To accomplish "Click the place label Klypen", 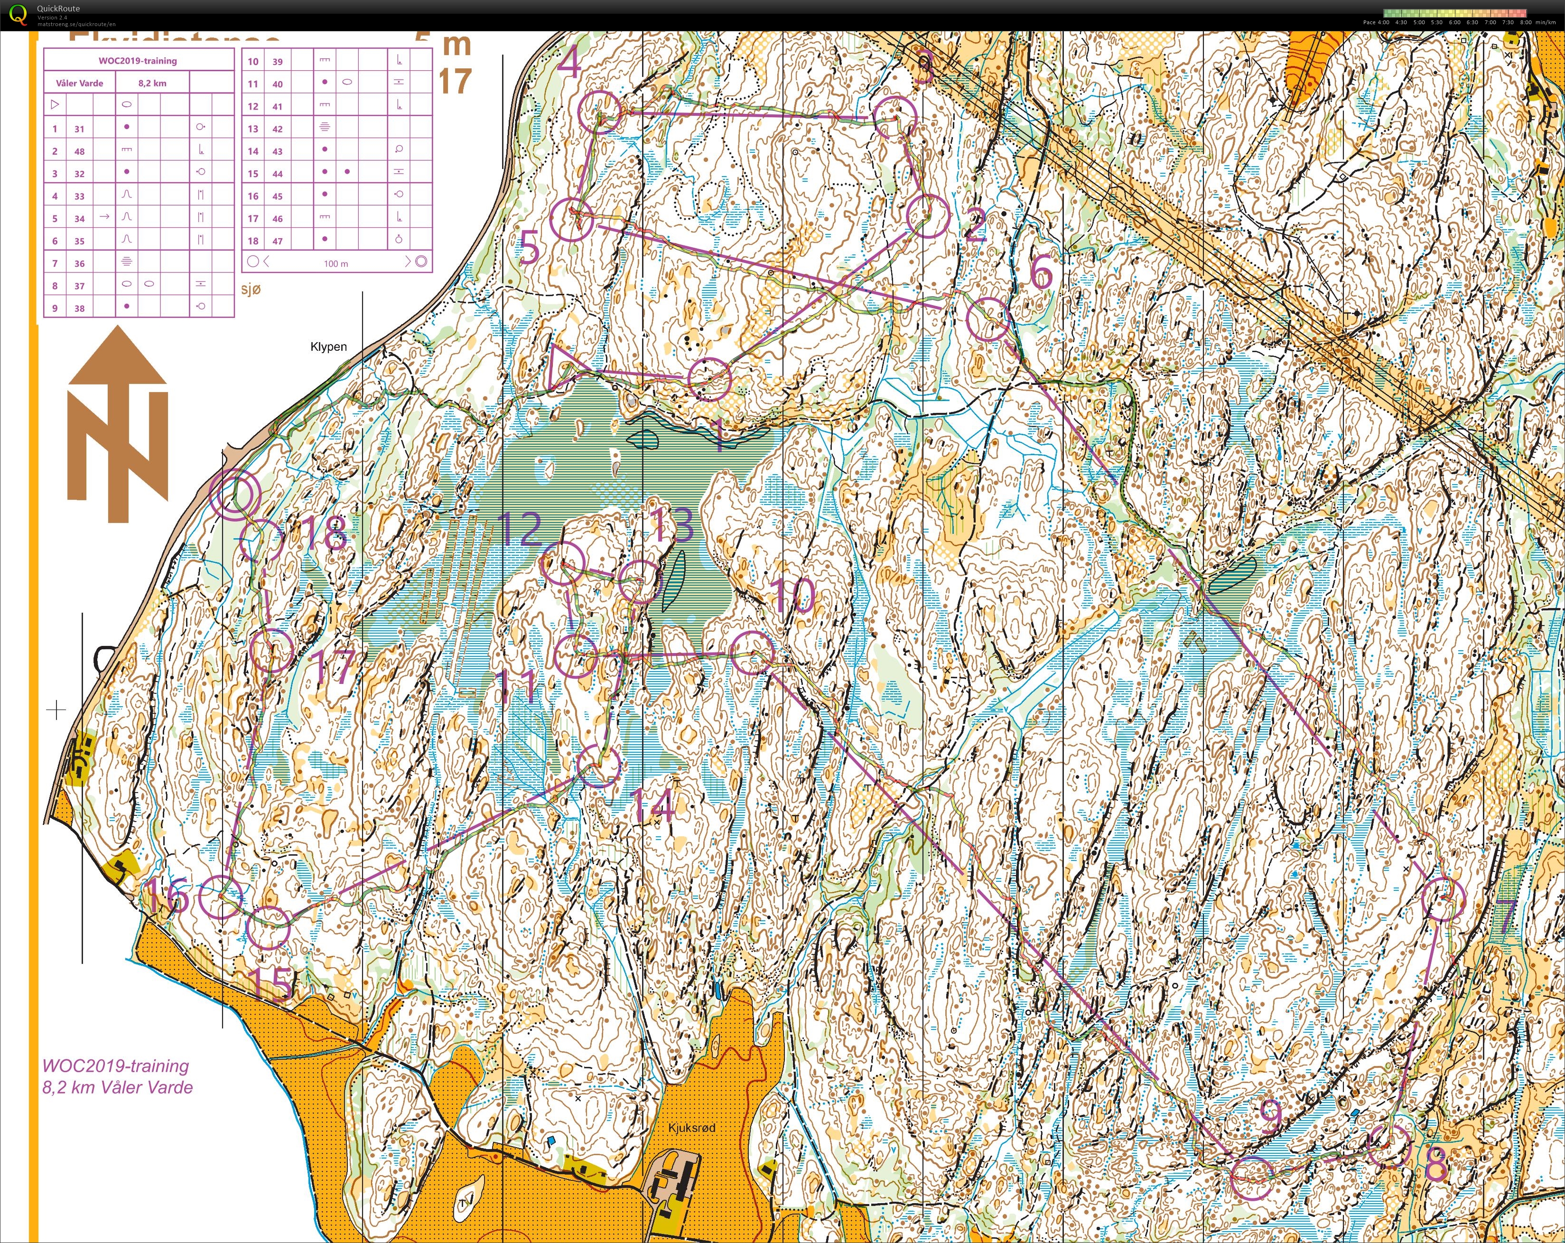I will [328, 346].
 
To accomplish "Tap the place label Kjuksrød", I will [691, 1128].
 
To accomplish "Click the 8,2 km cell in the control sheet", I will [152, 83].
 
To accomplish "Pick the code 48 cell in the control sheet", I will [79, 151].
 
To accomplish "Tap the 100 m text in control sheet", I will [335, 263].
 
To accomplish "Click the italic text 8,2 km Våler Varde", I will [118, 1087].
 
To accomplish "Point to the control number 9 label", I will [1270, 1115].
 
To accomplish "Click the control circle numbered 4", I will [600, 112].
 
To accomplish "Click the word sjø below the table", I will [251, 289].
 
